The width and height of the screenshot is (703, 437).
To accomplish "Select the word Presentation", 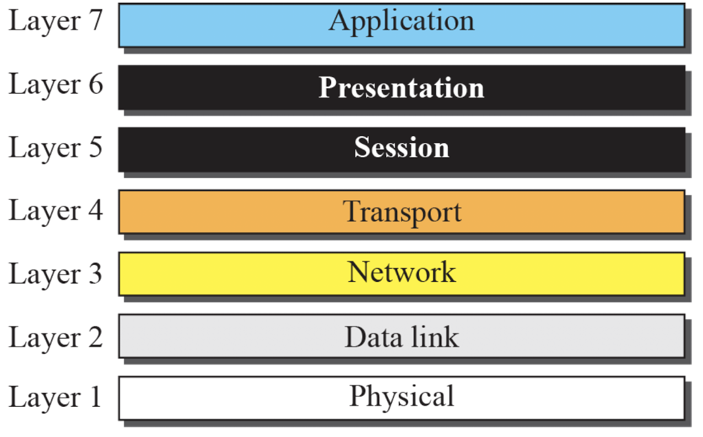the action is tap(402, 88).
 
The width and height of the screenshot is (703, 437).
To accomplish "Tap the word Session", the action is tap(402, 147).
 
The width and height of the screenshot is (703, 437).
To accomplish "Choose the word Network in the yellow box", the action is tap(402, 272).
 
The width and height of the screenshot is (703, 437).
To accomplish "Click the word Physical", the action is tap(402, 397).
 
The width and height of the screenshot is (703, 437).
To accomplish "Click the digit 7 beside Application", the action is tap(95, 20).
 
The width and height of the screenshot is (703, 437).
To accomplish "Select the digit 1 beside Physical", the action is tap(96, 396).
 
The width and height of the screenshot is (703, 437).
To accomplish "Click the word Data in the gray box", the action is tap(373, 337).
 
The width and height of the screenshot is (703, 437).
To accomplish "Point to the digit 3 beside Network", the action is tap(95, 274).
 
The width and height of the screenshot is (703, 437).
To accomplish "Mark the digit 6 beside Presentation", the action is tap(96, 84).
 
